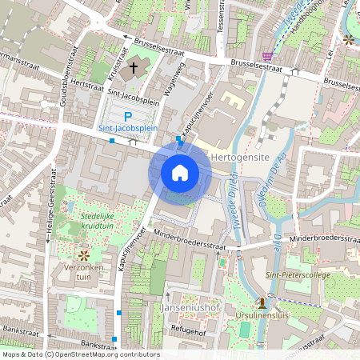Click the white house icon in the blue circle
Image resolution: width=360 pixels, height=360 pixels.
[180, 172]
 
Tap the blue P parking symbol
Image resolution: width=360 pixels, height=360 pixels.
[128, 116]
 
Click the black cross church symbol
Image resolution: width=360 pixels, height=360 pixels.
[134, 70]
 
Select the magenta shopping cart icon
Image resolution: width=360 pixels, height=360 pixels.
[267, 55]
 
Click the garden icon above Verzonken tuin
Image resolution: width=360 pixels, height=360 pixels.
[83, 254]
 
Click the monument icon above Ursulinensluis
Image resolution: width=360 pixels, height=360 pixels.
[261, 302]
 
